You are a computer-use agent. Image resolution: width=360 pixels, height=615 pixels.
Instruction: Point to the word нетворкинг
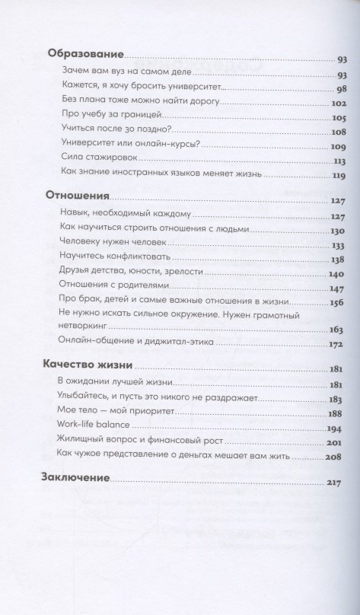pos(86,306)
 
